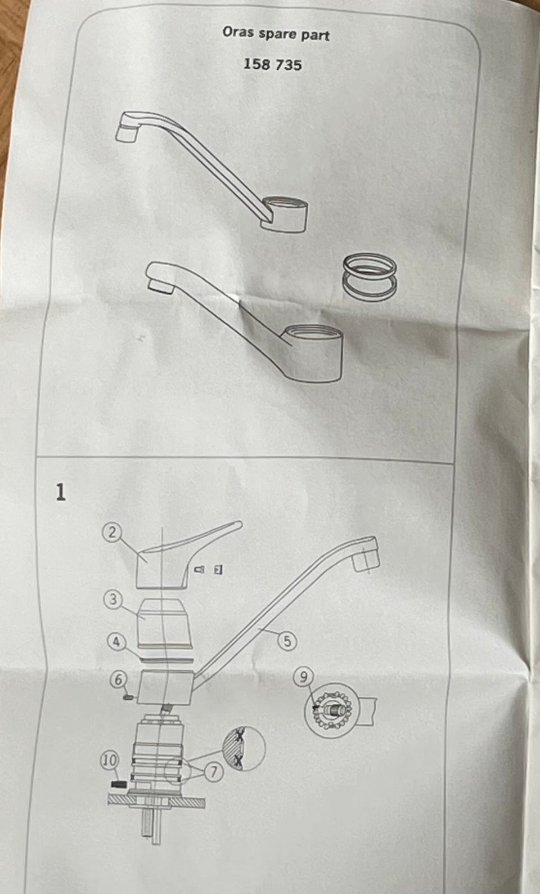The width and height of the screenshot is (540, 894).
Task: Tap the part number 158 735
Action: pyautogui.click(x=273, y=65)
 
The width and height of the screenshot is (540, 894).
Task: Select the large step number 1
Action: pyautogui.click(x=61, y=492)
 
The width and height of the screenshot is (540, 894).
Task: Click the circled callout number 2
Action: pyautogui.click(x=113, y=533)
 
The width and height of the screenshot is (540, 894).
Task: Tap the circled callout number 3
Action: pyautogui.click(x=113, y=600)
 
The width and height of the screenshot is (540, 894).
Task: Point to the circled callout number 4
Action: pyautogui.click(x=116, y=642)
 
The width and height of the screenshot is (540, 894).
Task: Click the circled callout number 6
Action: pyautogui.click(x=119, y=680)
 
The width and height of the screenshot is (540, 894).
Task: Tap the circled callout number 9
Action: pyautogui.click(x=304, y=677)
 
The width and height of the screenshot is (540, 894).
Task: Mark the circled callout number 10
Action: pyautogui.click(x=109, y=761)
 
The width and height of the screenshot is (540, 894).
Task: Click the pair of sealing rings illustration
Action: pyautogui.click(x=370, y=278)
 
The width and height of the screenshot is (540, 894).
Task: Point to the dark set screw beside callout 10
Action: pyautogui.click(x=119, y=784)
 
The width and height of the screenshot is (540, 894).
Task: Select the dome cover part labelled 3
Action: pyautogui.click(x=165, y=620)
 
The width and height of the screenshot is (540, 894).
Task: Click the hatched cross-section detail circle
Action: pyautogui.click(x=244, y=748)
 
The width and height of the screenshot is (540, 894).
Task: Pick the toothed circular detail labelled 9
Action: pyautogui.click(x=329, y=710)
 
